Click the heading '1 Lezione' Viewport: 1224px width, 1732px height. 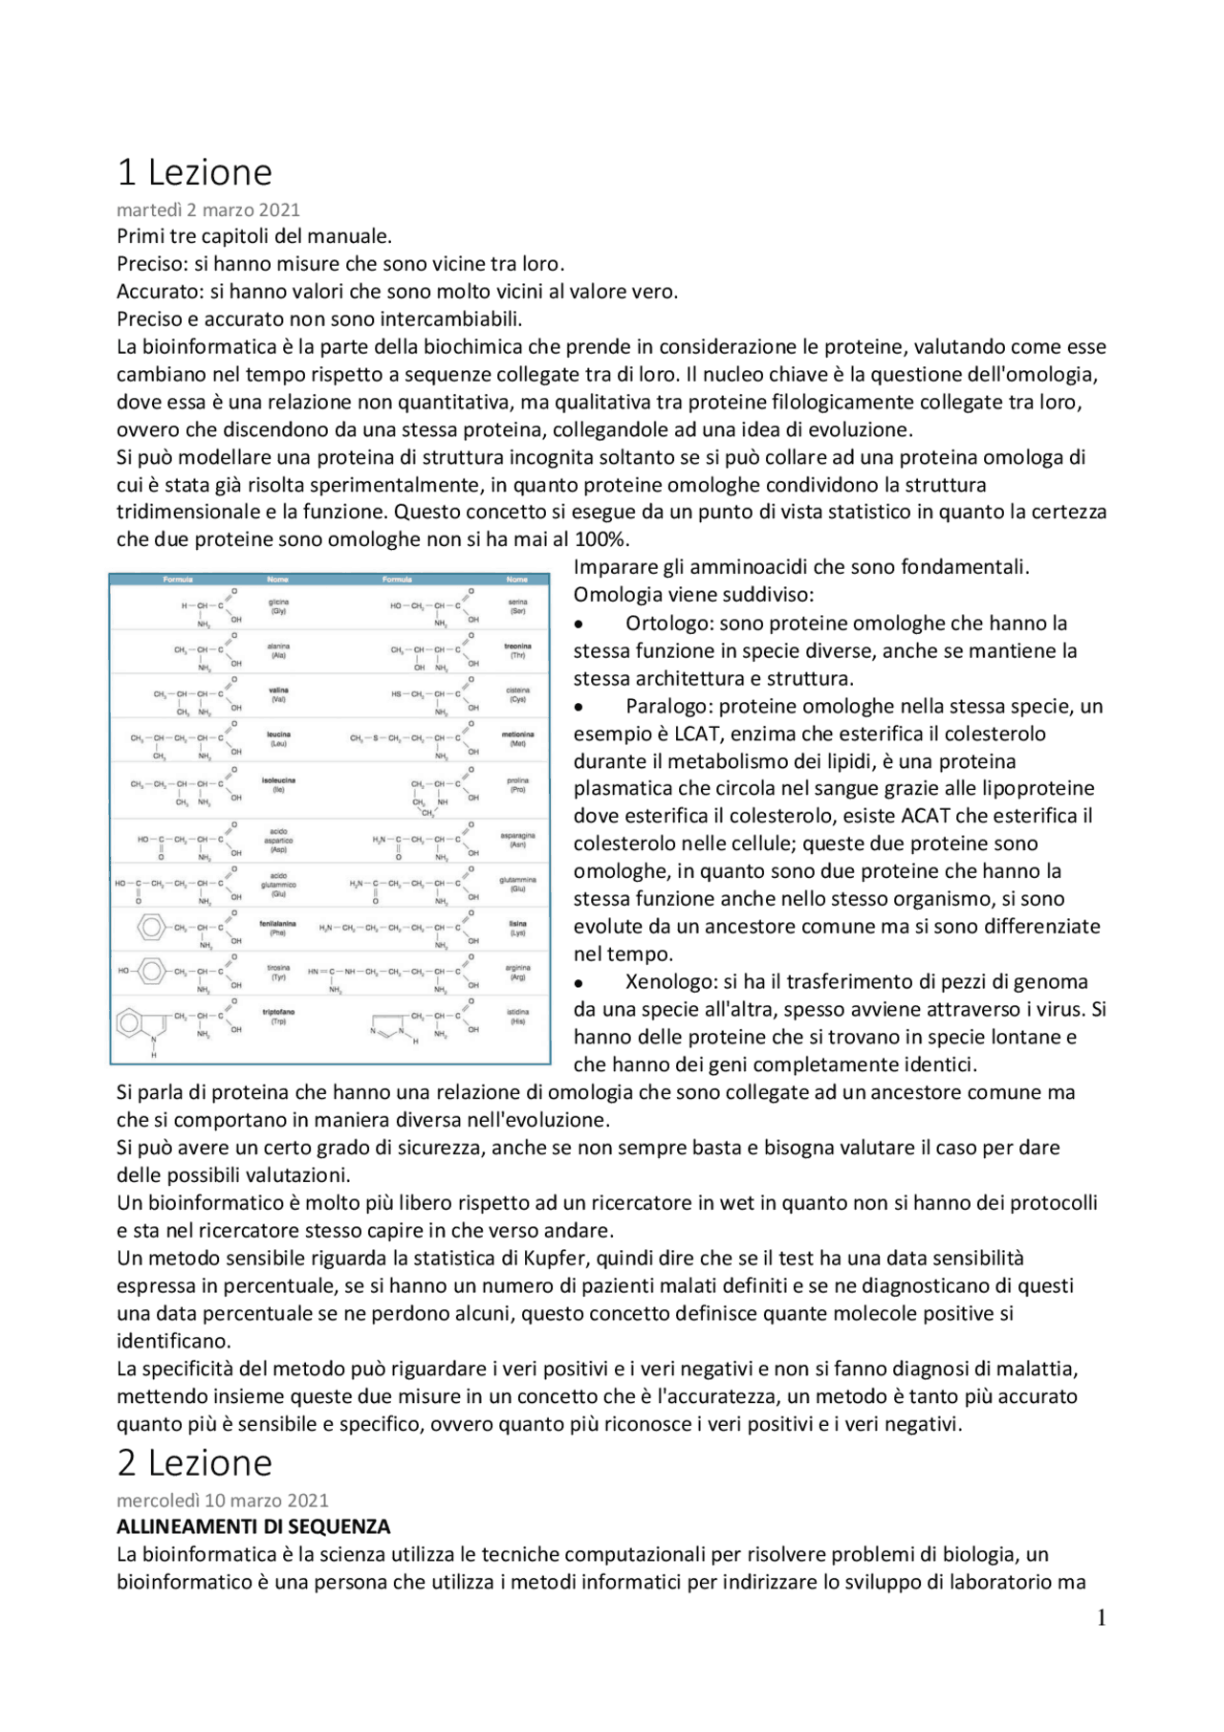(x=194, y=173)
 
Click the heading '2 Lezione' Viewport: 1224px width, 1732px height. (x=194, y=1463)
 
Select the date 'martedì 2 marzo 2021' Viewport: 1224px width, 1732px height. (x=208, y=209)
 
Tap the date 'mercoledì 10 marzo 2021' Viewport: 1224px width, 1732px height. (x=222, y=1500)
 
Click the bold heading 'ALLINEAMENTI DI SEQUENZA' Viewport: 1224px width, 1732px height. (x=253, y=1526)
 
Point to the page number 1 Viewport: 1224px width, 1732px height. (x=1101, y=1617)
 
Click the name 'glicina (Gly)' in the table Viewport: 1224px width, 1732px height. (x=278, y=606)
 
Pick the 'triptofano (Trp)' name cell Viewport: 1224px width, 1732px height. (x=278, y=1016)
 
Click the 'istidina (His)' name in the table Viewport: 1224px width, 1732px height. (x=517, y=1016)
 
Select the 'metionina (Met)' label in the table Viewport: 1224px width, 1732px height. (x=517, y=739)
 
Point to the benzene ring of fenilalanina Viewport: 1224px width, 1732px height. (x=151, y=927)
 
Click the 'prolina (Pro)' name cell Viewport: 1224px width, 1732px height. (x=517, y=785)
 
